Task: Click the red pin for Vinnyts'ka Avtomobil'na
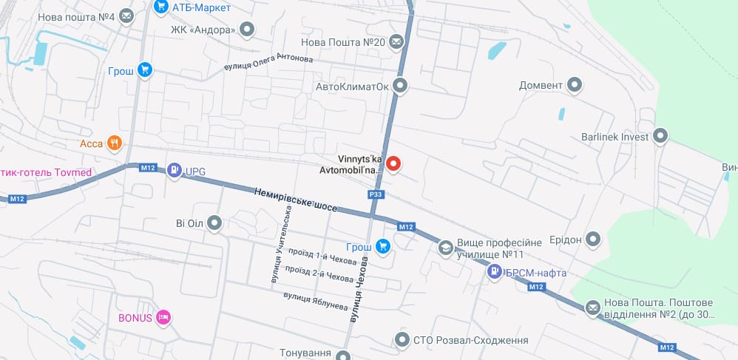tap(393, 164)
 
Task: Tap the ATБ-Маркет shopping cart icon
tap(160, 7)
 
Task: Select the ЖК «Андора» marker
tap(248, 30)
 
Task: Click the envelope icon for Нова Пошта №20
tap(397, 42)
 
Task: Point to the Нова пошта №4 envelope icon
tap(126, 14)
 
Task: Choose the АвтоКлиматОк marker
tap(400, 86)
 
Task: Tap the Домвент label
tap(541, 85)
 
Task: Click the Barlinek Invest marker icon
tap(660, 137)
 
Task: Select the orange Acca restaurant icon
tap(113, 143)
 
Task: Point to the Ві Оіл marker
tap(214, 222)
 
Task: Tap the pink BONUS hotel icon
tap(164, 318)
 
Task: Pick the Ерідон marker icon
tap(593, 240)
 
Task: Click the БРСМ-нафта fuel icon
tap(494, 273)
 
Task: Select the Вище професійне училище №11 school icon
tap(445, 248)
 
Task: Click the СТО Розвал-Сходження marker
tap(402, 340)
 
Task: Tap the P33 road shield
tap(376, 194)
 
